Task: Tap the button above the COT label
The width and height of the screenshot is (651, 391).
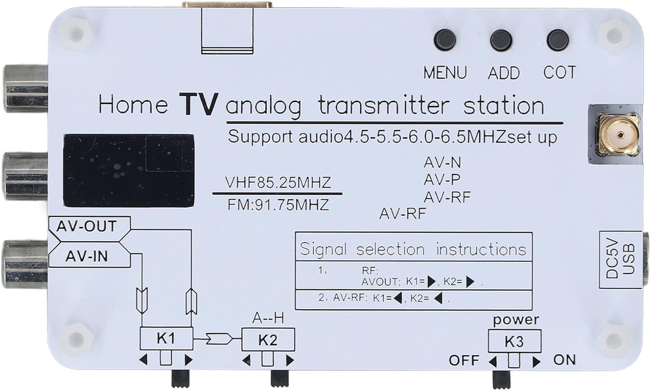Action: click(x=558, y=40)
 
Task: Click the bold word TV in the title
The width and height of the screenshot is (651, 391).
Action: click(x=198, y=104)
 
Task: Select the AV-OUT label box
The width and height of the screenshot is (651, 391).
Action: click(x=87, y=226)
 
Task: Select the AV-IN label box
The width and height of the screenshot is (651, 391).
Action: click(x=87, y=257)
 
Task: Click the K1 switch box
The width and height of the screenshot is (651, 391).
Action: click(x=166, y=338)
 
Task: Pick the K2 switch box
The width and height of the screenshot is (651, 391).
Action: click(x=268, y=339)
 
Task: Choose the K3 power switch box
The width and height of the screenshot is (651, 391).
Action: click(x=514, y=341)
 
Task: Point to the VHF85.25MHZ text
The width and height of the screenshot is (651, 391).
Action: click(x=278, y=182)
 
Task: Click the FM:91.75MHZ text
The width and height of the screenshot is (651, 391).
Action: click(x=278, y=204)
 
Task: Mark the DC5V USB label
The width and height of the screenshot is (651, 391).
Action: click(x=620, y=260)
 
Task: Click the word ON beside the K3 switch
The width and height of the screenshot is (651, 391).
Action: click(x=564, y=360)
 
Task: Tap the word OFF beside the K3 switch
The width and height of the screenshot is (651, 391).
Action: click(x=464, y=360)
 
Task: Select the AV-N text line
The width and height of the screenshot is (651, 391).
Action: click(x=442, y=163)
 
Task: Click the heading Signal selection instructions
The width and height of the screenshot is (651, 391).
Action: click(x=413, y=249)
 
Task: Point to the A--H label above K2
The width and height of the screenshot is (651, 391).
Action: click(x=268, y=318)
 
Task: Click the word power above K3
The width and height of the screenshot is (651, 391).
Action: click(x=516, y=320)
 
